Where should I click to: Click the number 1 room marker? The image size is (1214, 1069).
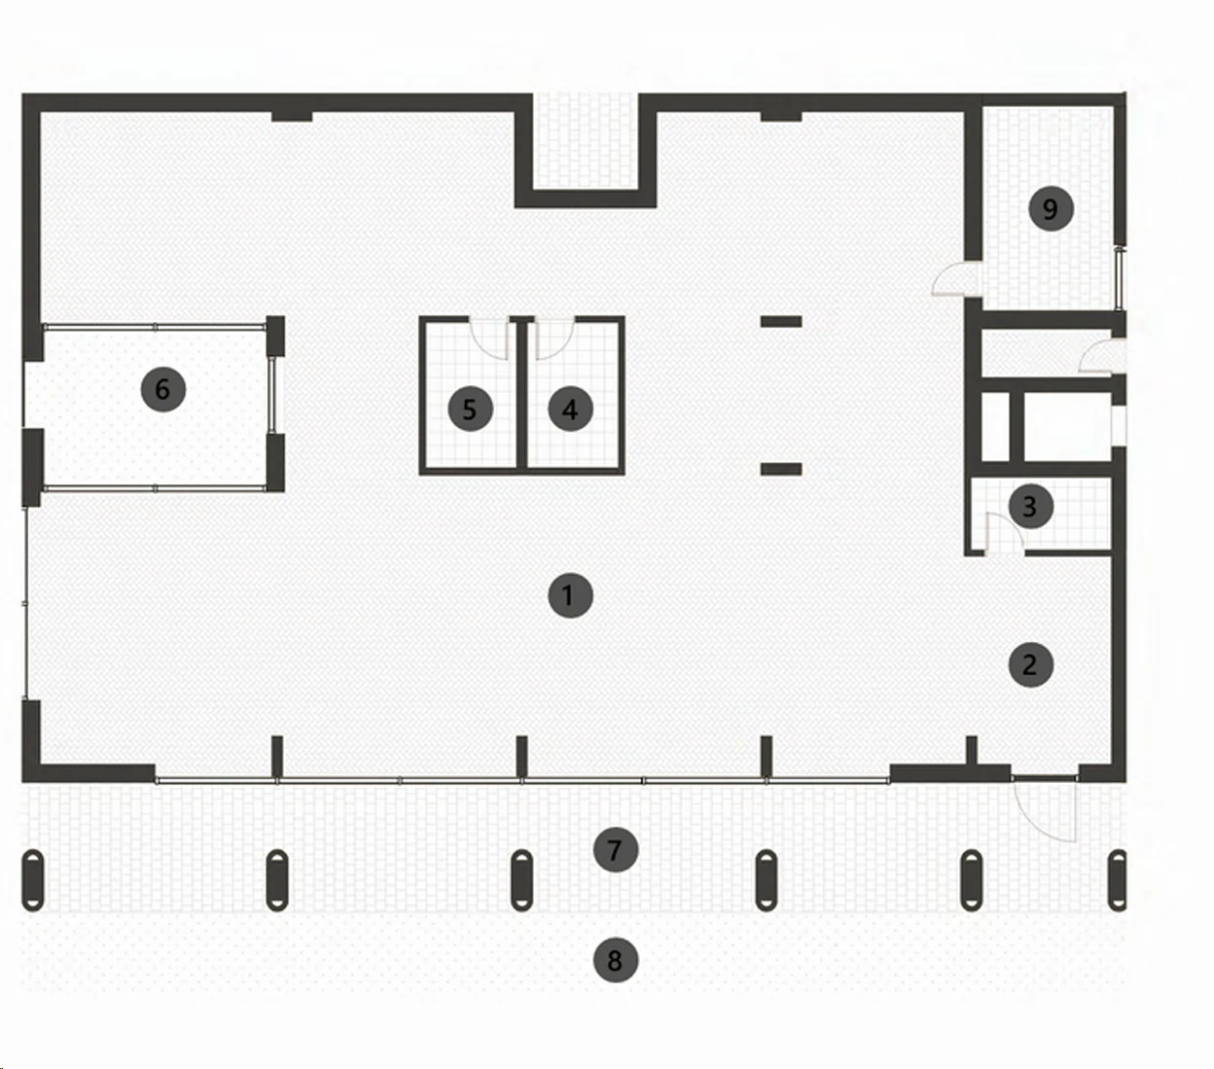(570, 595)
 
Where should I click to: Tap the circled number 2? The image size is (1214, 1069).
(1031, 664)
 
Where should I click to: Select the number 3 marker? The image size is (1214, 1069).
(1031, 507)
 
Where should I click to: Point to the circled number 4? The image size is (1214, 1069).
(570, 410)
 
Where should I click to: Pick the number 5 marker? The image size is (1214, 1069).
(470, 410)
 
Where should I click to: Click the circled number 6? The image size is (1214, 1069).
(163, 389)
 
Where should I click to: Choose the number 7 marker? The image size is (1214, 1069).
(616, 850)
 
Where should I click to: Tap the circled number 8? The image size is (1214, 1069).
(616, 960)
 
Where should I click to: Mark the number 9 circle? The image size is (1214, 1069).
(1051, 208)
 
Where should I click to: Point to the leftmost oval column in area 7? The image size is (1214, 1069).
(33, 879)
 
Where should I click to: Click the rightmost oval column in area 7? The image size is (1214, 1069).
(1117, 879)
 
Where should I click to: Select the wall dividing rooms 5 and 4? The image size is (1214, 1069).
(521, 396)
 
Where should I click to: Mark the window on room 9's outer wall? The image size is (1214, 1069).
(1120, 277)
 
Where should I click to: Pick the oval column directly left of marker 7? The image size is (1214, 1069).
(522, 879)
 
